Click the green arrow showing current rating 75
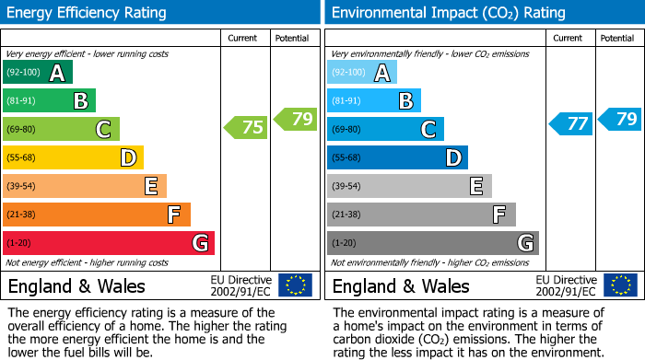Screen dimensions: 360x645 (x=247, y=128)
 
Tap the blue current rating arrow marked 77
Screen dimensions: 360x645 (x=571, y=123)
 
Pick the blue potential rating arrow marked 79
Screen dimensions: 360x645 (x=620, y=119)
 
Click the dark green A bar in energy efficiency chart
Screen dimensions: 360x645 (x=37, y=73)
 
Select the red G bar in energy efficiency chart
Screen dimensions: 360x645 (x=108, y=243)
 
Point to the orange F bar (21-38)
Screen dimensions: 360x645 (x=96, y=215)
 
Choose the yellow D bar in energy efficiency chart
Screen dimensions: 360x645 (x=73, y=157)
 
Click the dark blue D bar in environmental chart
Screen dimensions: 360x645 (x=397, y=157)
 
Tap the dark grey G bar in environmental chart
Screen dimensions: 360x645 (x=432, y=243)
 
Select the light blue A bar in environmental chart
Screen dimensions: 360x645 (x=362, y=73)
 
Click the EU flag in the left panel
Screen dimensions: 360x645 (x=296, y=285)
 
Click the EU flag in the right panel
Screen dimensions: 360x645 (x=620, y=285)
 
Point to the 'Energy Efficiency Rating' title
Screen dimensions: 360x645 (x=88, y=13)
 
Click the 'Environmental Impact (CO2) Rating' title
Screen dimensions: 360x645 (x=448, y=13)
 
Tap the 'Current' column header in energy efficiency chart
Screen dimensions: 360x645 (x=244, y=39)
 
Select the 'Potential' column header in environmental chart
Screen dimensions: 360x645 (x=616, y=39)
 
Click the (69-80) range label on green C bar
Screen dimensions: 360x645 (x=20, y=130)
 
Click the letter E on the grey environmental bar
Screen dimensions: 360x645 (x=476, y=186)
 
